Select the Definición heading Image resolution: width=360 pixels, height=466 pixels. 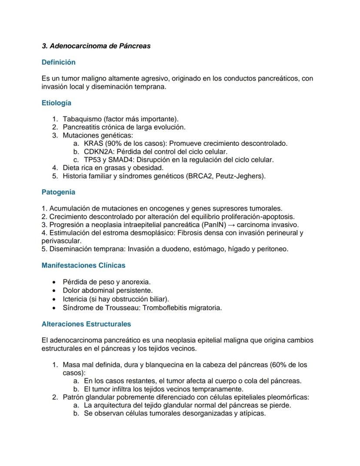[x=58, y=62]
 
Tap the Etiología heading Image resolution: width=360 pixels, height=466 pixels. [x=57, y=103]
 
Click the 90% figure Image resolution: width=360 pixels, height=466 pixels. [x=114, y=143]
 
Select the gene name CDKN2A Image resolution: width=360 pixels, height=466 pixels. [x=98, y=151]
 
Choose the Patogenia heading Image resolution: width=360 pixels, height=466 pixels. [x=58, y=192]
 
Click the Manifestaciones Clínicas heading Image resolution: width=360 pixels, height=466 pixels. [x=83, y=265]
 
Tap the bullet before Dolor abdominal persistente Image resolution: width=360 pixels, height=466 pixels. [x=53, y=290]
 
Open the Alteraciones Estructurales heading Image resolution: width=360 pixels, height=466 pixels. [x=86, y=324]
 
